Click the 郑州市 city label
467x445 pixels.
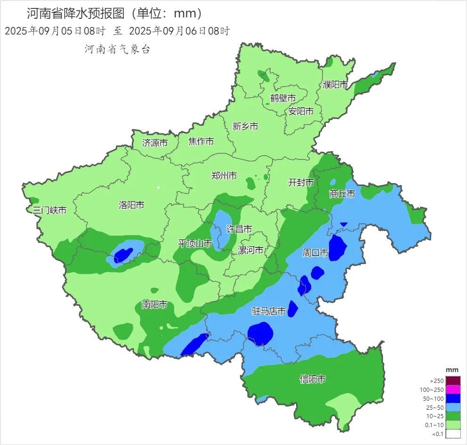224,176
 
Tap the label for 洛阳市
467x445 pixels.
131,205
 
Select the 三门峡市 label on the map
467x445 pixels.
49,210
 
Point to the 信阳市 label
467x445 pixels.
313,379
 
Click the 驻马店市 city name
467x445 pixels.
269,311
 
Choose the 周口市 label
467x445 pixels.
315,253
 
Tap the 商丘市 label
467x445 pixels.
342,193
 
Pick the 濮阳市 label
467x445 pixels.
335,85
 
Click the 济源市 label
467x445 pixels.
155,143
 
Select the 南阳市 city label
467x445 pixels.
154,305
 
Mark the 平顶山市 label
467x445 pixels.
194,244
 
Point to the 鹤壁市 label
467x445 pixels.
283,98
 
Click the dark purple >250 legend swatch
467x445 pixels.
452,381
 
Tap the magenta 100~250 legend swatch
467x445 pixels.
452,389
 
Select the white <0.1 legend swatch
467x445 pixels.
452,434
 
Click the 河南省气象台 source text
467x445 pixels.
117,49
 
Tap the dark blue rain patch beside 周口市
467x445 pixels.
337,247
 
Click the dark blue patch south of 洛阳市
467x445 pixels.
123,255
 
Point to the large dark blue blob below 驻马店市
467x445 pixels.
260,334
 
